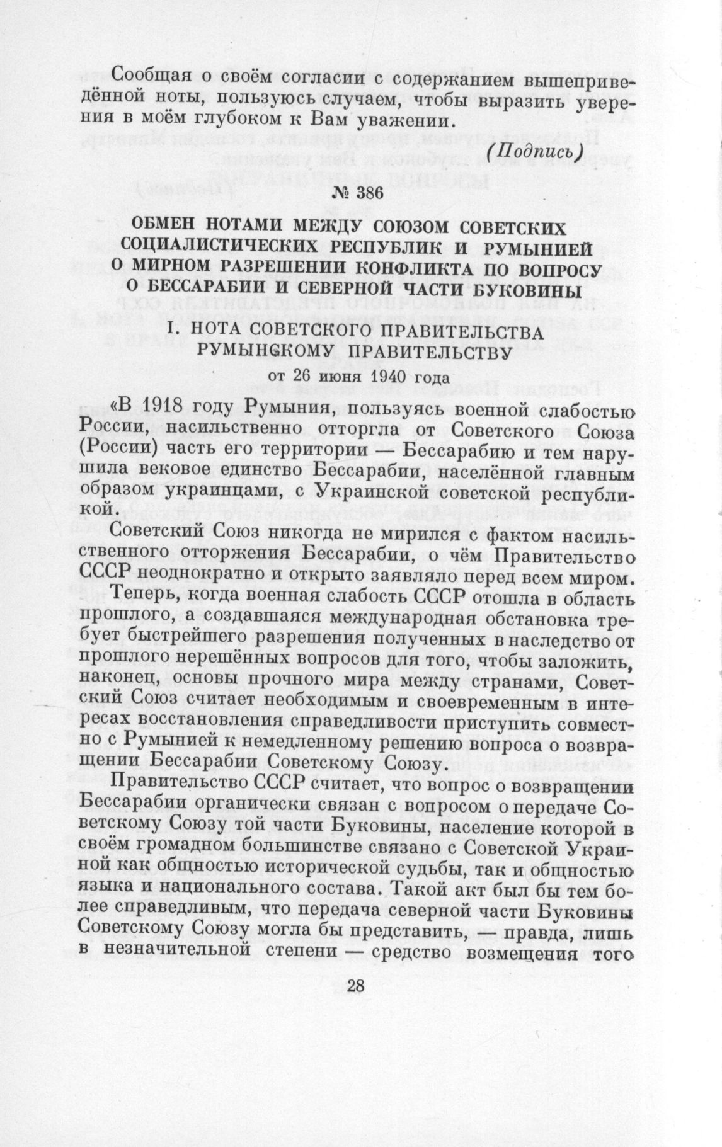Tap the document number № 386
pos(357,194)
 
